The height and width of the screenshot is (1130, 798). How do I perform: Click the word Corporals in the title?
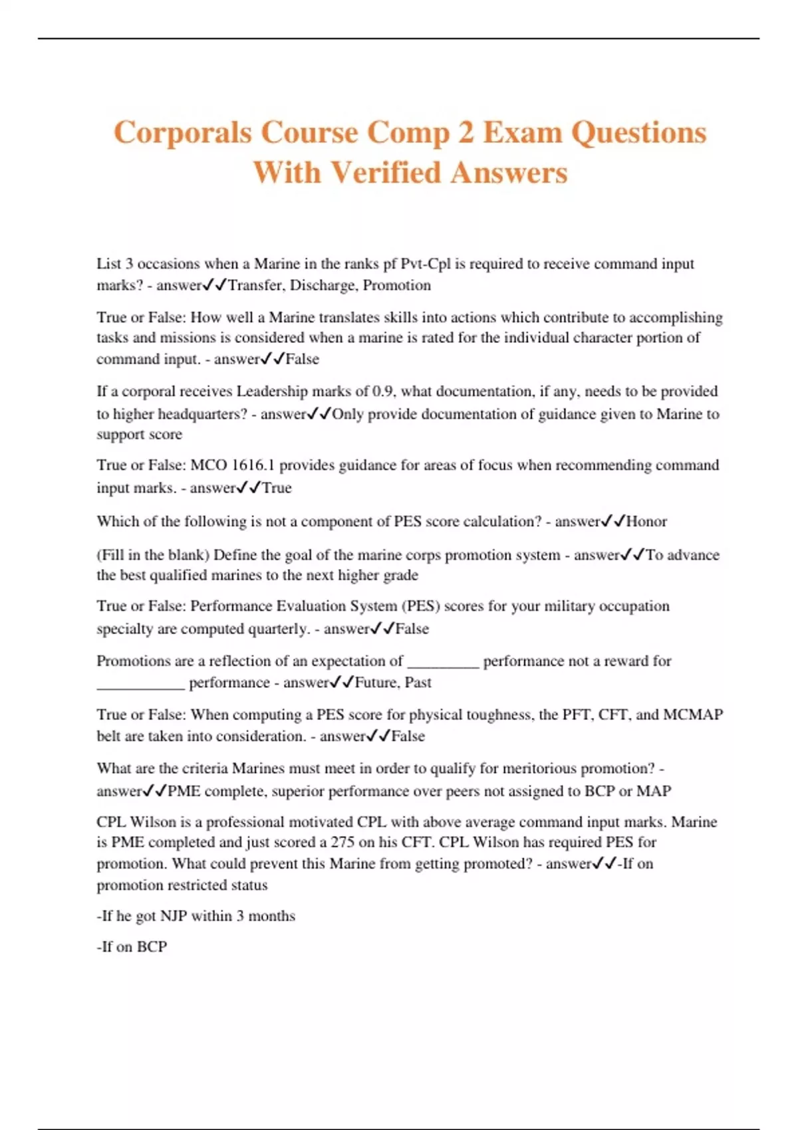(182, 132)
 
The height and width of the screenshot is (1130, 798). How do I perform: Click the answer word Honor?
(646, 521)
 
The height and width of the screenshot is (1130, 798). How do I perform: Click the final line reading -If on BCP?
(132, 947)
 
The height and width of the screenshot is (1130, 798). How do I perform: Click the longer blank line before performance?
(140, 687)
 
